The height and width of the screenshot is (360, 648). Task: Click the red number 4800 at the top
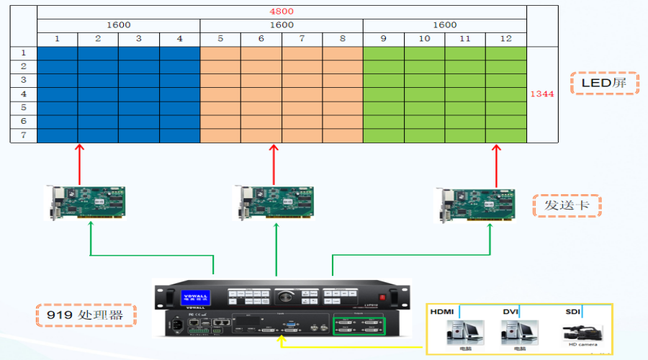(282, 12)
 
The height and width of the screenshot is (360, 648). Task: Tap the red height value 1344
(541, 94)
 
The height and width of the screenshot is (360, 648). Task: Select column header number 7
(302, 38)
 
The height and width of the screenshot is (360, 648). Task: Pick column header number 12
(506, 38)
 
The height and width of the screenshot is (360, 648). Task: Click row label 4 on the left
(23, 94)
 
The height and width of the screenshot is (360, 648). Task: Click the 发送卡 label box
(567, 206)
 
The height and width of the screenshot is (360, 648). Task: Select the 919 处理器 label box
(86, 315)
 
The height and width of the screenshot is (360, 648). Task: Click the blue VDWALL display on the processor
(195, 296)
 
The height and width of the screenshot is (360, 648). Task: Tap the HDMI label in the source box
(443, 311)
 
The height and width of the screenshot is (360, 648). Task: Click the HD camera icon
(581, 332)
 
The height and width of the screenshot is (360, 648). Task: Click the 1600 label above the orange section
(282, 24)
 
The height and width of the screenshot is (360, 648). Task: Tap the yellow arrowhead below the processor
(282, 338)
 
